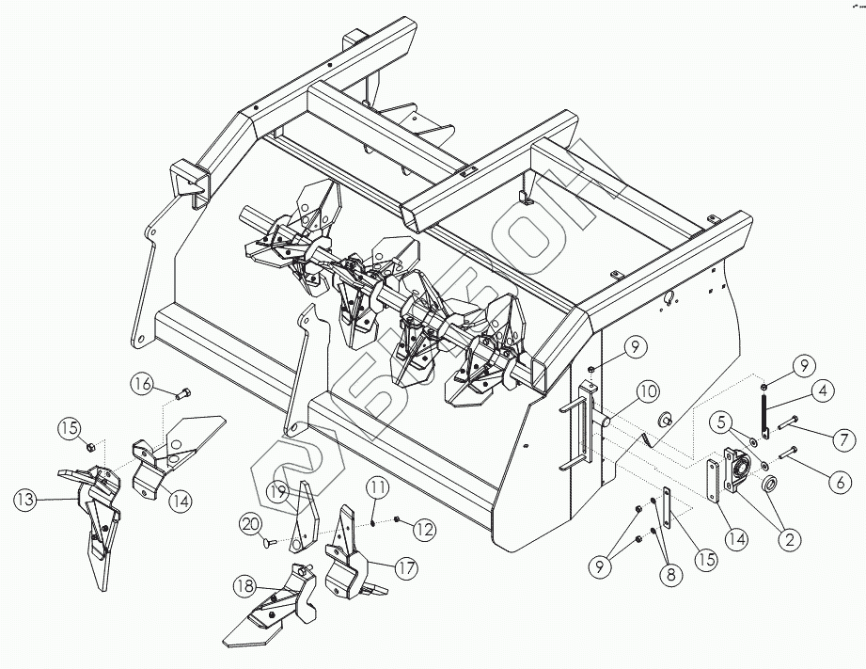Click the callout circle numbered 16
point(143,384)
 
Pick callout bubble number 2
point(788,539)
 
